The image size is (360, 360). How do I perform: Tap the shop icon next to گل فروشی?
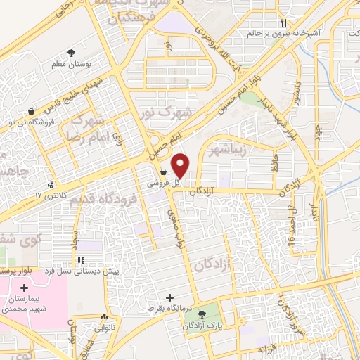point(163,171)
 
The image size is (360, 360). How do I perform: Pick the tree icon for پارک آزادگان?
point(202,314)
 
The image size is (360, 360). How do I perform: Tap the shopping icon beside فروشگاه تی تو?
point(30,112)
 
